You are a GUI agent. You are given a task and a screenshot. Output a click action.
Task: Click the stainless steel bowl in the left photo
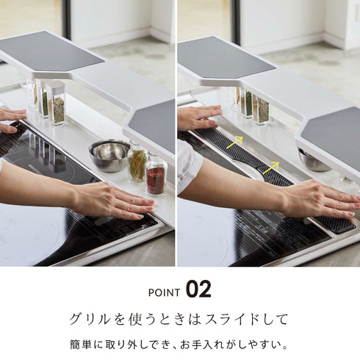pyautogui.click(x=109, y=154)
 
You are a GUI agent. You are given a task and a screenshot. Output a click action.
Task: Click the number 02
pyautogui.click(x=198, y=289)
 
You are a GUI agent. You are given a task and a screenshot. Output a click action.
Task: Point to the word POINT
pyautogui.click(x=164, y=292)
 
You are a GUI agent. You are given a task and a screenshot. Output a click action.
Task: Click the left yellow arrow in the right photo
pyautogui.click(x=234, y=142)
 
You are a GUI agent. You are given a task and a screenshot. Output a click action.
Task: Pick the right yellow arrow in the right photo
pyautogui.click(x=271, y=167)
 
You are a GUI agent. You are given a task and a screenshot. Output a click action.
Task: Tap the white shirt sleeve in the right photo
pyautogui.click(x=187, y=165)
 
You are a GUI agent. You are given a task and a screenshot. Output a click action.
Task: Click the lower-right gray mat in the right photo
pyautogui.click(x=333, y=137)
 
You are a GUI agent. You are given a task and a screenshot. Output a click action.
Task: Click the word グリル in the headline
pyautogui.click(x=87, y=320)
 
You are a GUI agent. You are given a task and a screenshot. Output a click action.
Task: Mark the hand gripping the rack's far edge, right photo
pyautogui.click(x=197, y=117)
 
